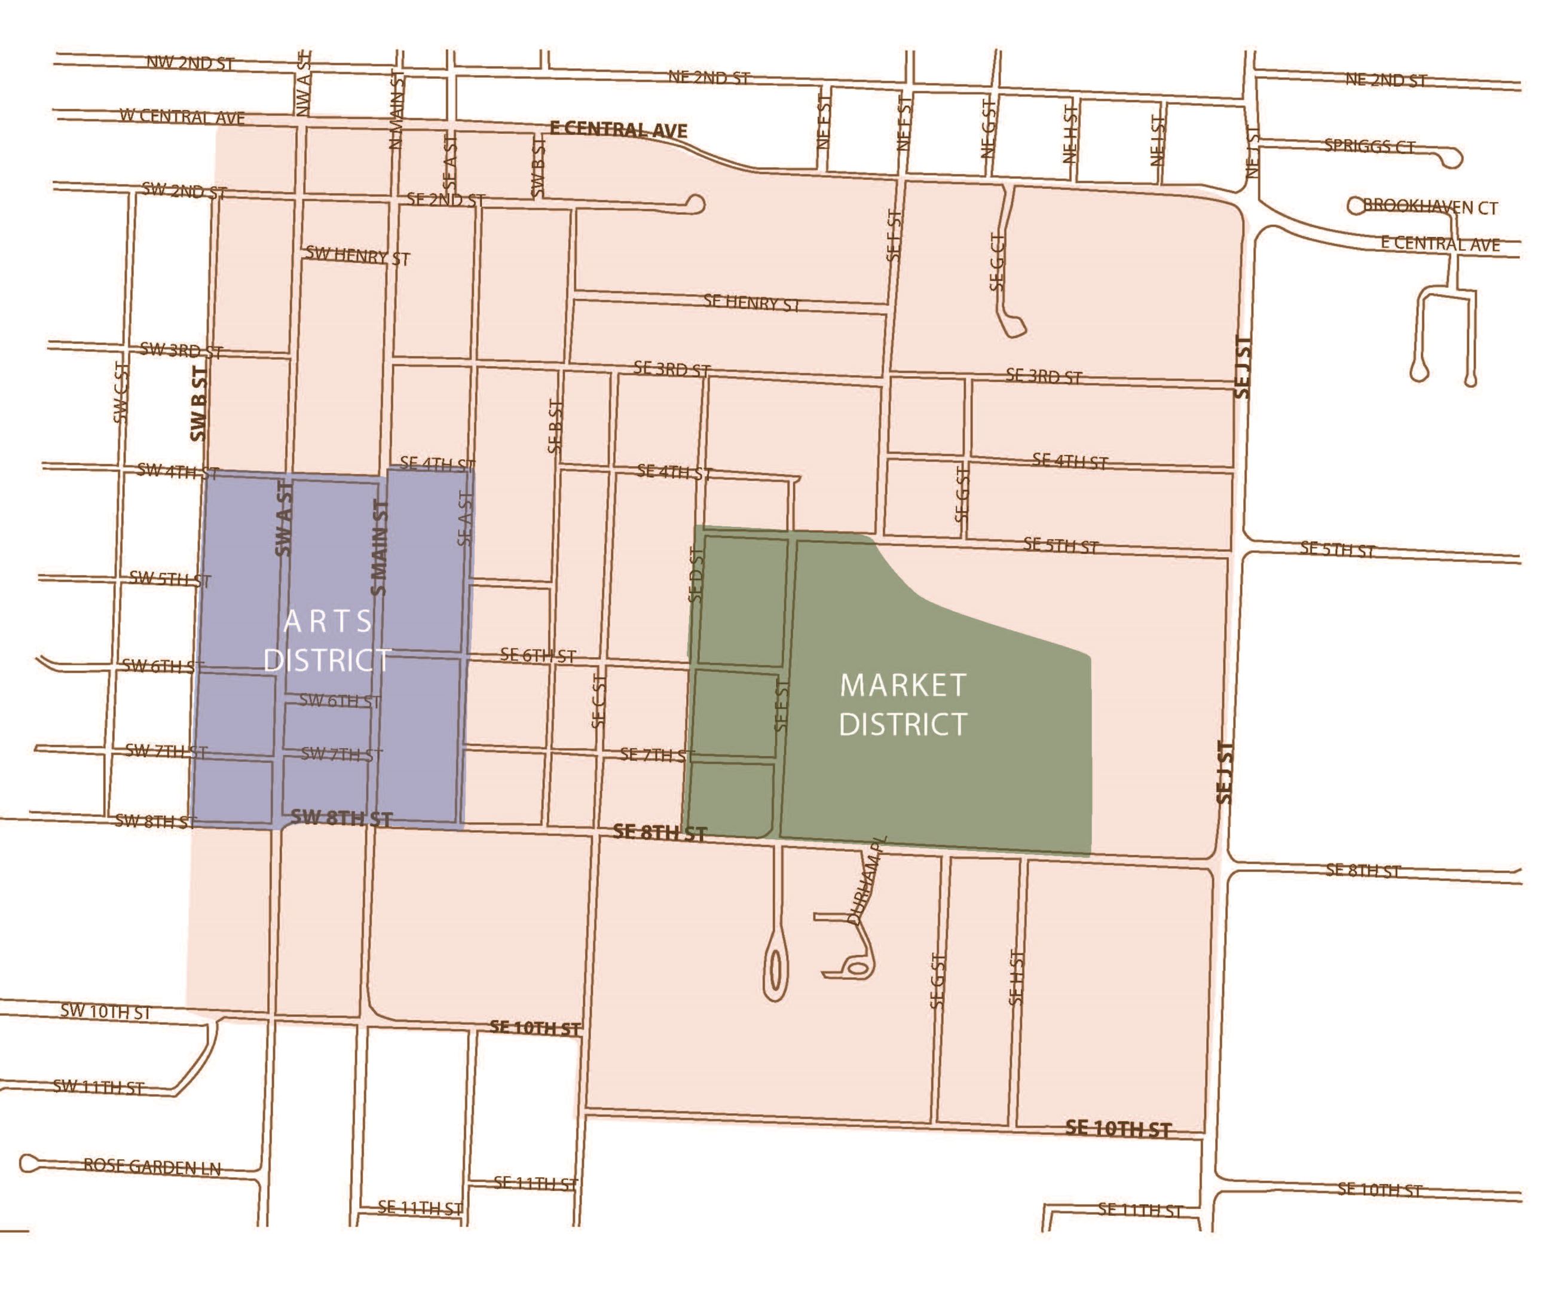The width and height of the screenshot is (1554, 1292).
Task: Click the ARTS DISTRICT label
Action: pyautogui.click(x=327, y=641)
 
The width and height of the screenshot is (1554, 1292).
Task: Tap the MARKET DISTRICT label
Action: pyautogui.click(x=903, y=705)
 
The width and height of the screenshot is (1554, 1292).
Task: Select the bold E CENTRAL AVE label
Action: pyautogui.click(x=618, y=130)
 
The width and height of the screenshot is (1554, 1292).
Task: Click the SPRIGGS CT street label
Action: pyautogui.click(x=1369, y=146)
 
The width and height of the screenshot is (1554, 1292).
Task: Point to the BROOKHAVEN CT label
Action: pyautogui.click(x=1430, y=207)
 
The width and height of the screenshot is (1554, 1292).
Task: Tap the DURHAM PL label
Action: pyautogui.click(x=867, y=880)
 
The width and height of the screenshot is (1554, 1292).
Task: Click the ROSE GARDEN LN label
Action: pyautogui.click(x=152, y=1167)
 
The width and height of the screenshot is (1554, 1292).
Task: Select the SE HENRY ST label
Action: pyautogui.click(x=751, y=303)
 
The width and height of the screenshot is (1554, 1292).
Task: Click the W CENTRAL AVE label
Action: pyautogui.click(x=182, y=117)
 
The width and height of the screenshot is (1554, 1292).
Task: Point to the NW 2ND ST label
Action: pyautogui.click(x=190, y=63)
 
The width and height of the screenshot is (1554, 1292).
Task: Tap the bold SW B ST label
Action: pyautogui.click(x=198, y=404)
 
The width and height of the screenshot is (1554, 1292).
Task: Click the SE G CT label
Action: pyautogui.click(x=997, y=261)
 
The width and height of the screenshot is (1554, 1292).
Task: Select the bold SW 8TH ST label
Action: pyautogui.click(x=341, y=817)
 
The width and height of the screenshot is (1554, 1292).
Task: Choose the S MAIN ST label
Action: pyautogui.click(x=379, y=548)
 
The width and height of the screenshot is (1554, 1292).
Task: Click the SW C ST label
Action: pyautogui.click(x=121, y=392)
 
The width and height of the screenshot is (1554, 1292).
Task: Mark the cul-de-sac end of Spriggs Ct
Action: pyautogui.click(x=1452, y=158)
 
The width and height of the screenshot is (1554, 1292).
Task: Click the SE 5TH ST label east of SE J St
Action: pyautogui.click(x=1337, y=549)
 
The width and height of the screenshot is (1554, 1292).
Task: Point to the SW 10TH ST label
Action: pyautogui.click(x=105, y=1012)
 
